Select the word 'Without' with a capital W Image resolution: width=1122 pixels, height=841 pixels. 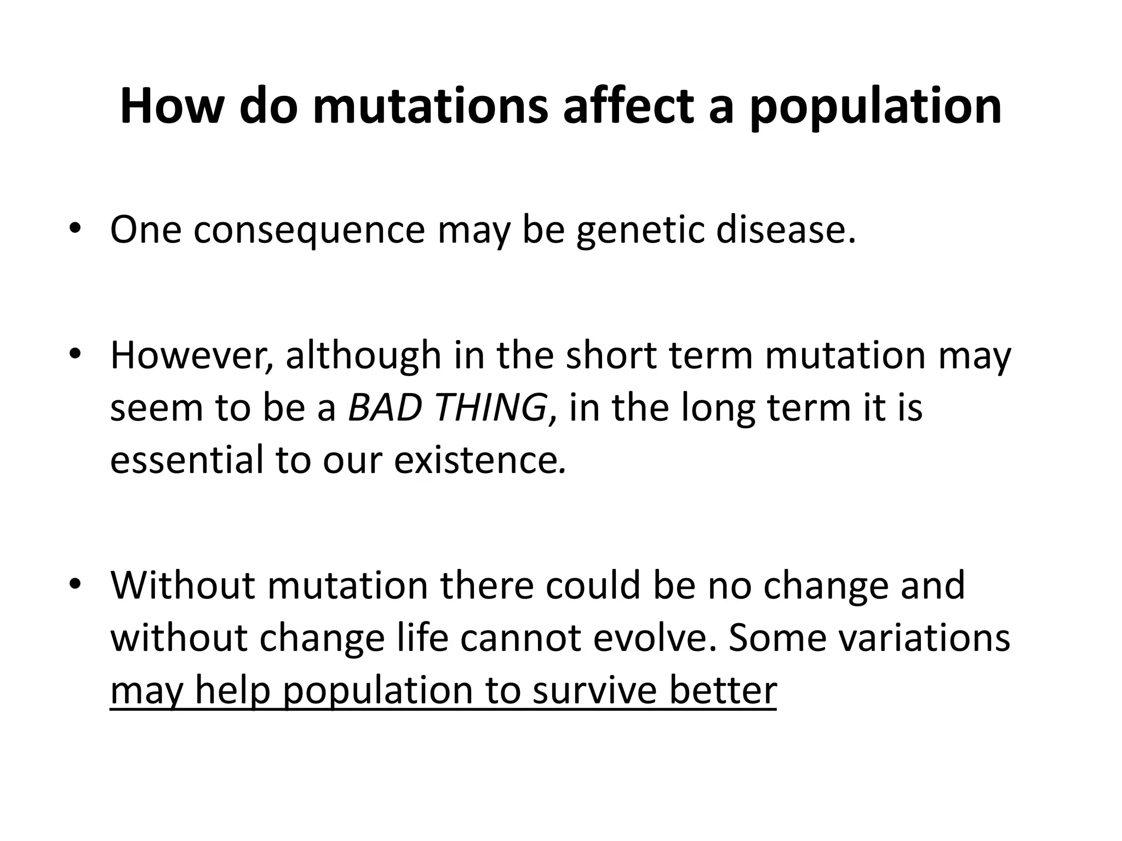tap(182, 585)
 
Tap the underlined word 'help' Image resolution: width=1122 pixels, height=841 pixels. tap(232, 691)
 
